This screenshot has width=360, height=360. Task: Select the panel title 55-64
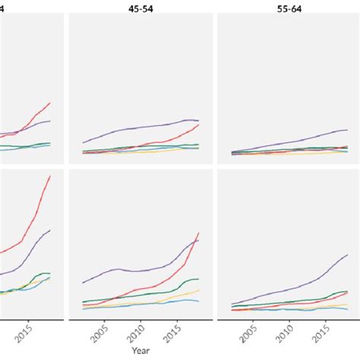(x=287, y=8)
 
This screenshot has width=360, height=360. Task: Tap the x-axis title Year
(x=139, y=351)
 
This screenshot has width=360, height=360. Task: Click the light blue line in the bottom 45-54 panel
(x=152, y=304)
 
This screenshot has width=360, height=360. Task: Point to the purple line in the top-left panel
(x=38, y=123)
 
